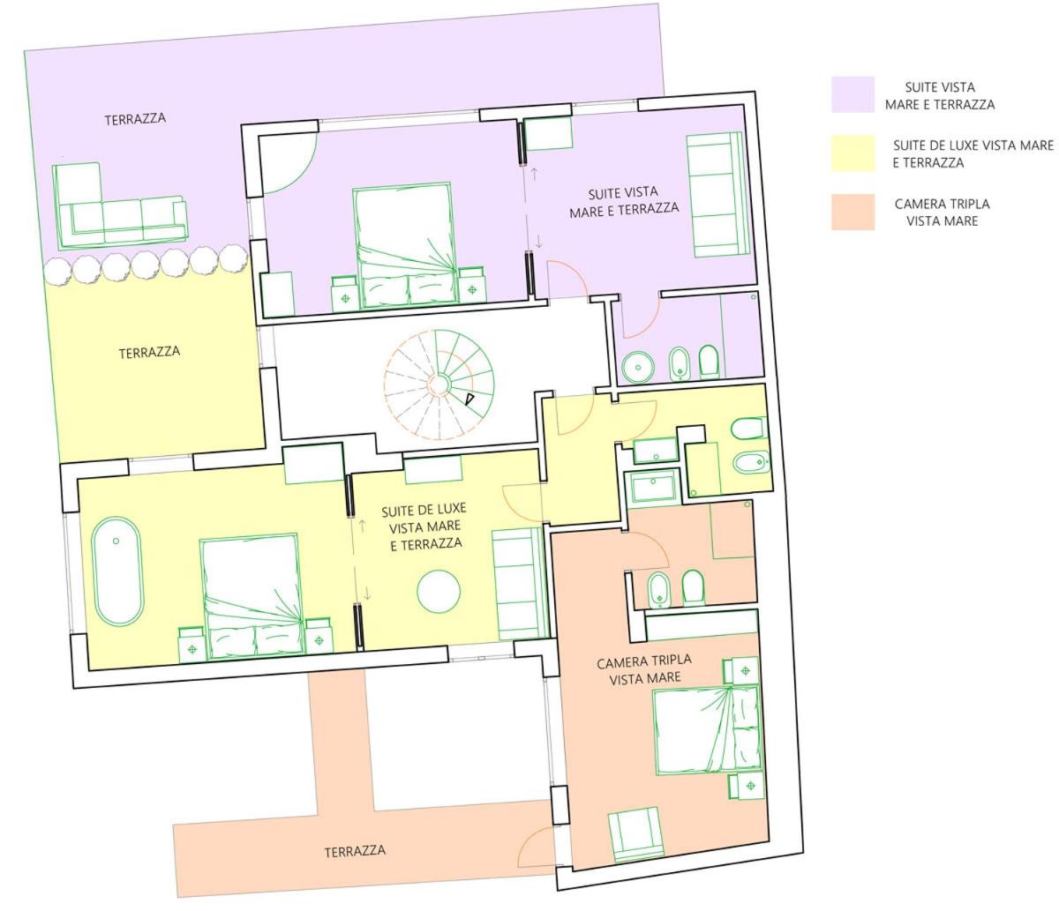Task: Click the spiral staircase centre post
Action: tap(439, 384)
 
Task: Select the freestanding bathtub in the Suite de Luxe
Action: tap(116, 571)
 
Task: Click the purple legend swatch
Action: tap(852, 94)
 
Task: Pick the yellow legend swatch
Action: tap(852, 153)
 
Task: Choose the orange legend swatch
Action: tap(852, 212)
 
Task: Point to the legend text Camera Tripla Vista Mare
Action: tap(943, 213)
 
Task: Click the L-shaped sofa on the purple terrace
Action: tap(119, 206)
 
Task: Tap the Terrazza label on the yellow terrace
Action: tap(149, 353)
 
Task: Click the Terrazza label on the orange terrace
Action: tap(355, 851)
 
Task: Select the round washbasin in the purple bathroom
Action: tap(638, 367)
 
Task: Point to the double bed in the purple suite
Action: tap(406, 246)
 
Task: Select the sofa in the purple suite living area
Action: tap(717, 195)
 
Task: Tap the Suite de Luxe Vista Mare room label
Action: tap(424, 526)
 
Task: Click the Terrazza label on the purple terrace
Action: tap(135, 119)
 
